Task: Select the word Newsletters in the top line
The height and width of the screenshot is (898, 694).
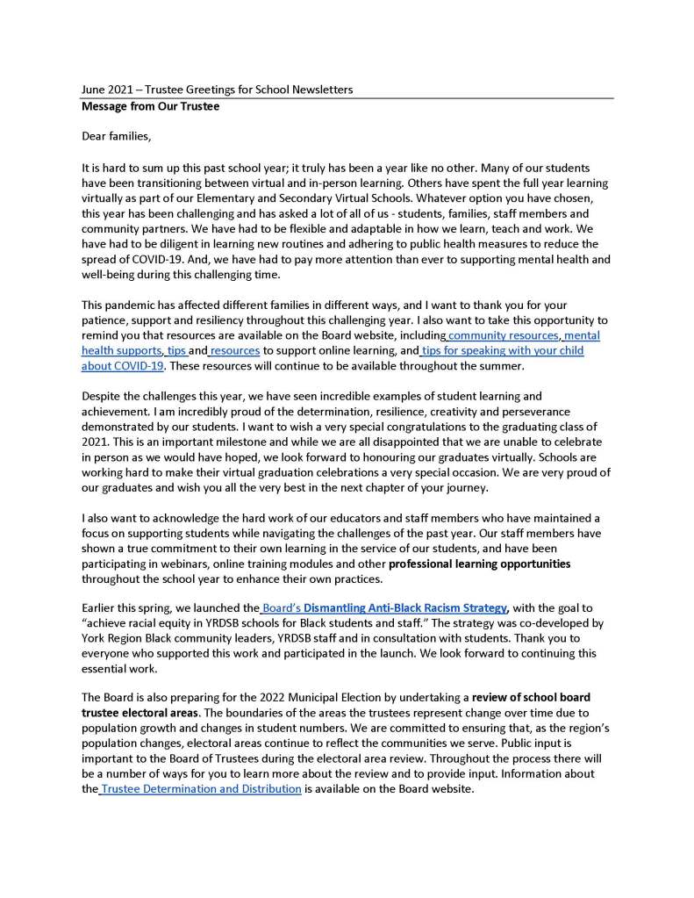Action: [x=319, y=90]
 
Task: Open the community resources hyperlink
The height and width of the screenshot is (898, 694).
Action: [x=503, y=336]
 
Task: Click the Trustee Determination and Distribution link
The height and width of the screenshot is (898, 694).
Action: [x=201, y=789]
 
